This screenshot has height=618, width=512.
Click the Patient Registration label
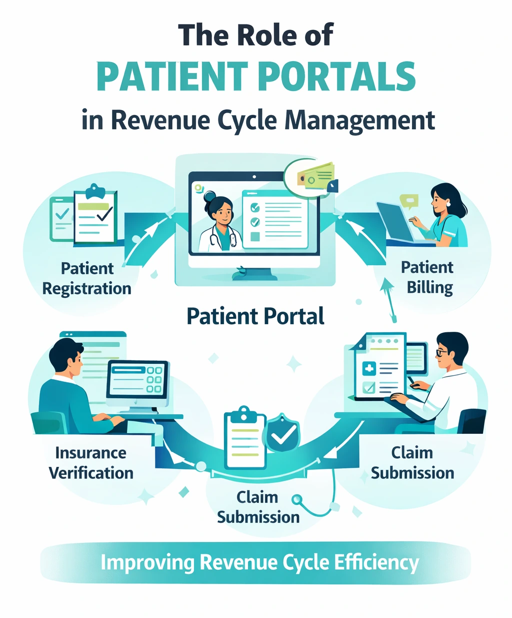pos(86,278)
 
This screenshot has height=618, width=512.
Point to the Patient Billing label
pos(427,277)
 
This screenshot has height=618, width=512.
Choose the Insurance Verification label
pos(91,463)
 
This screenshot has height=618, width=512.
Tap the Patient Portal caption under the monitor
pos(255,316)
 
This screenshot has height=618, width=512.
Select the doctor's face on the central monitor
pos(220,211)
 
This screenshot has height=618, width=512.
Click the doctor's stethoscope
pos(216,238)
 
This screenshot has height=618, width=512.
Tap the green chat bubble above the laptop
pos(409,201)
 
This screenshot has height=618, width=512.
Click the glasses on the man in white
pos(442,352)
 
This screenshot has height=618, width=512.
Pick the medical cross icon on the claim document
pos(369,369)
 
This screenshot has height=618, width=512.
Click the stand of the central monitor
pos(254,273)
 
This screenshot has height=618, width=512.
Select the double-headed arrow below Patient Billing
pos(388,300)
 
